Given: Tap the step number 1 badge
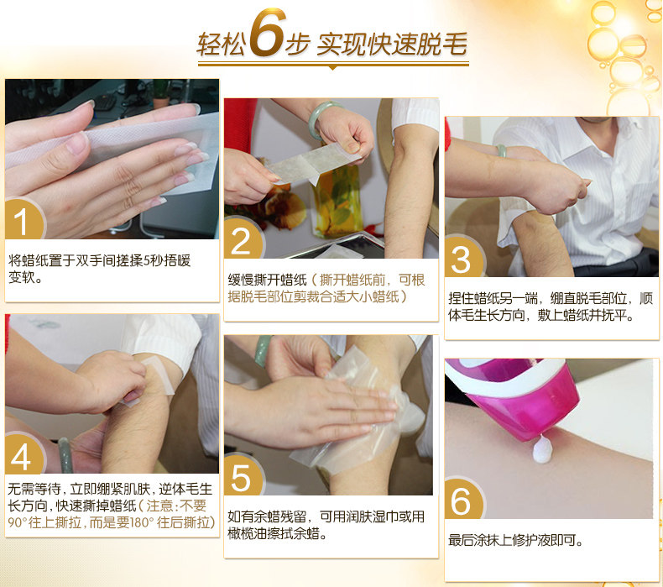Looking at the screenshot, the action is [x=24, y=219].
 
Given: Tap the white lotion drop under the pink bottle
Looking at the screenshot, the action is [x=542, y=449].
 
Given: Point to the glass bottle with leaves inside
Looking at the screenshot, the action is [x=337, y=200].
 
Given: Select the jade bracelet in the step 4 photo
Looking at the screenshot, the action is [x=65, y=455].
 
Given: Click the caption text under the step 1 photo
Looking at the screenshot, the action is [x=99, y=269].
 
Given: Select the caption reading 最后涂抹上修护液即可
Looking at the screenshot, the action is [x=516, y=541].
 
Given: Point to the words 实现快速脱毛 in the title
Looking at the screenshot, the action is [x=392, y=44].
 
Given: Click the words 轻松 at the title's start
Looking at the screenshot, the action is [x=221, y=44].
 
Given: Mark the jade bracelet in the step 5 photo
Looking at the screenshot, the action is [x=263, y=351].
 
